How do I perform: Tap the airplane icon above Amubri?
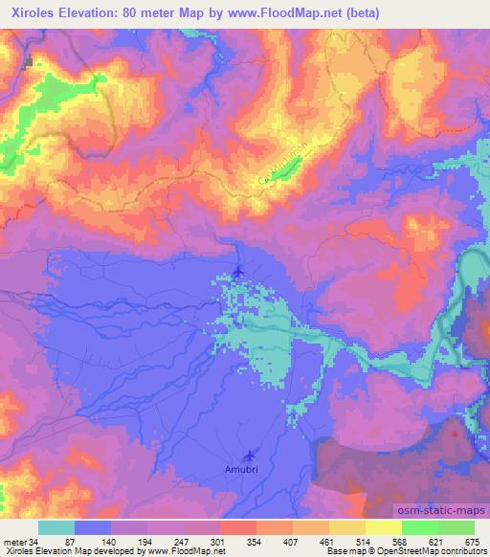(250, 456)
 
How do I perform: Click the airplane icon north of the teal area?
(237, 273)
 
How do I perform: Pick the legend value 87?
(69, 541)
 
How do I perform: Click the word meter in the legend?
(14, 541)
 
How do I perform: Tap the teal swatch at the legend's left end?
(56, 527)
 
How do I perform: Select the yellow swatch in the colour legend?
(383, 527)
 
